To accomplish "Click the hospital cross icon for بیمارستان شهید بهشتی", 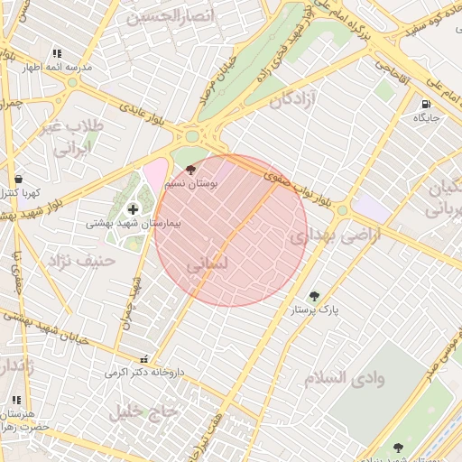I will (134, 209).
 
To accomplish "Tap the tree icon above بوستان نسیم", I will (189, 169).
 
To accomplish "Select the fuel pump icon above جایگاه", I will (426, 104).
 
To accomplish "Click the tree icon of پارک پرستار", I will (314, 296).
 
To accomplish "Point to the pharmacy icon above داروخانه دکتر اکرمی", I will (146, 359).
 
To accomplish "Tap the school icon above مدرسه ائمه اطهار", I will (57, 54).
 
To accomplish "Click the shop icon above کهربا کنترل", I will (19, 179).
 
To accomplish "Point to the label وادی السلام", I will (344, 377).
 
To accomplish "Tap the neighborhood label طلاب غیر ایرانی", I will (73, 137).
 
